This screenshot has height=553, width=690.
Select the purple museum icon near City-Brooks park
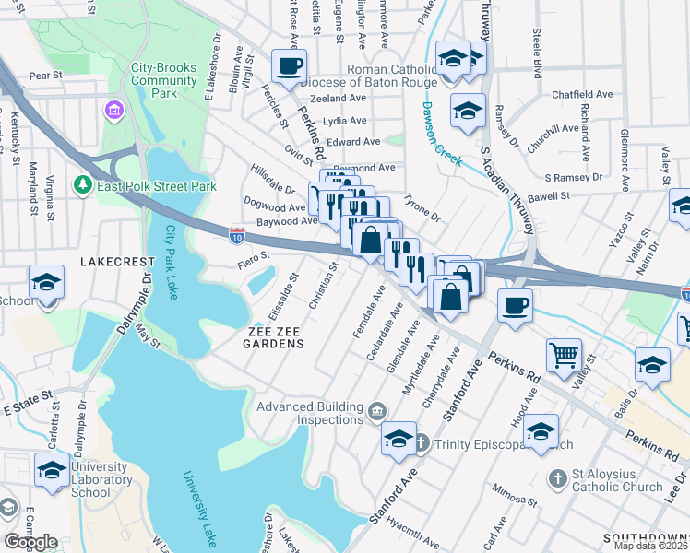pos(115,112)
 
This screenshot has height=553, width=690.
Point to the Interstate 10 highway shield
pos(237,236)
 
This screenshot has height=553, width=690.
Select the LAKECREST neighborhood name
pos(114,262)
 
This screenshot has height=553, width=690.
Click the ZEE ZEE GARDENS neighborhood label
pos(274,336)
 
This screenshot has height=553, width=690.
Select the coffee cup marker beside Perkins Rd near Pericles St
pos(290,66)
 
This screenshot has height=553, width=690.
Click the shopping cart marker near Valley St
pos(564,354)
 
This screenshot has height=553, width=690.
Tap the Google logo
pos(30,542)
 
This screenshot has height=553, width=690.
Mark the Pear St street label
pos(45,75)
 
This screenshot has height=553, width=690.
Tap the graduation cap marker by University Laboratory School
pos(52,469)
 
